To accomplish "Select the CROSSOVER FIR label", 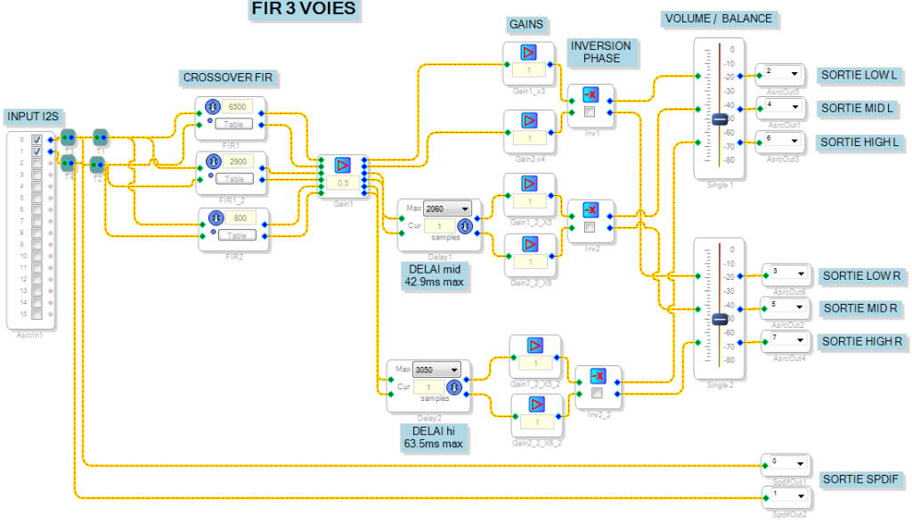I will coord(228,78).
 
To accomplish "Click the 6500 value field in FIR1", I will coord(238,107).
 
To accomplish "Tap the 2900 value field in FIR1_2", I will coord(238,161).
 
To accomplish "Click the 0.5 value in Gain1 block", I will coord(342,183).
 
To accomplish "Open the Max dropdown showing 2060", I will coord(448,208).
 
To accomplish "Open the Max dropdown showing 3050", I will coord(437,370).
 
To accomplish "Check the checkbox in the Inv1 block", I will coord(590,112).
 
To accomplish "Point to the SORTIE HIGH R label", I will coord(859,341).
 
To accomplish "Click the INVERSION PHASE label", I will coord(601,52).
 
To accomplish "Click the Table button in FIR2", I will coord(237,234).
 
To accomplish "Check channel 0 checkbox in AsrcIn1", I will coord(37,140).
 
